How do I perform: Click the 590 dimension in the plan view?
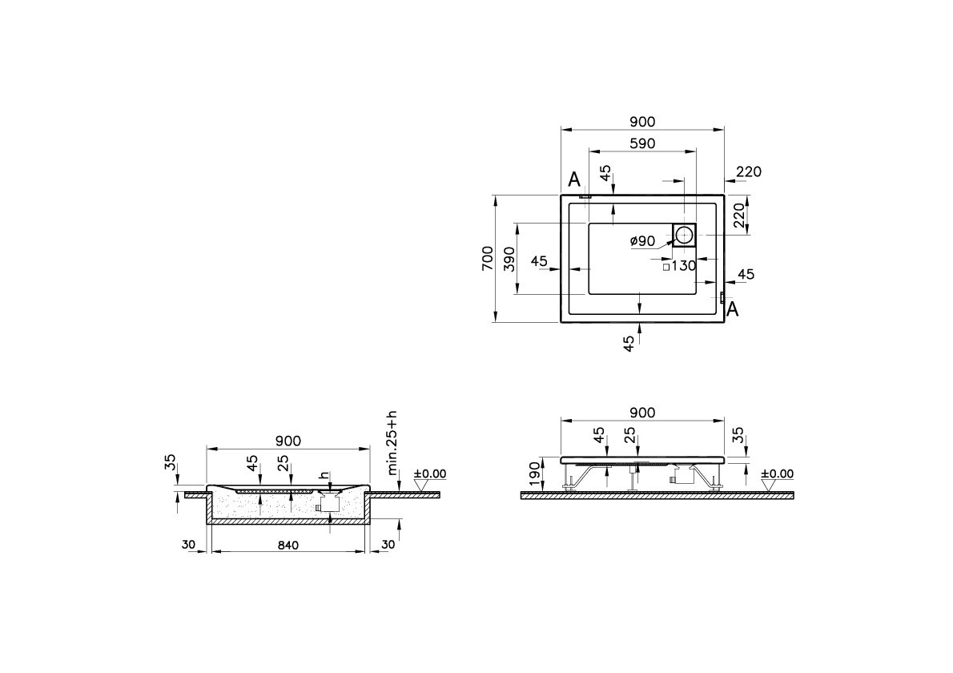coord(641,144)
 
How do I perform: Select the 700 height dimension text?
coord(487,259)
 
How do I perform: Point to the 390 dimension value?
coord(509,259)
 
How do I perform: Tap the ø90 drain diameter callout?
coord(642,241)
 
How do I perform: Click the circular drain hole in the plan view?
coord(684,235)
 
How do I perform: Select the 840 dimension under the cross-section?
coord(288,546)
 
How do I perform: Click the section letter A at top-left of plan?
coord(573,178)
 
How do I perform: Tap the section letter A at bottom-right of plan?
coord(732,309)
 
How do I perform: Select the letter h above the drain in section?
coord(324,475)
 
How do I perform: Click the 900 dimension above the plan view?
coord(641,122)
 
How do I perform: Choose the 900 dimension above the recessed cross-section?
coord(288,441)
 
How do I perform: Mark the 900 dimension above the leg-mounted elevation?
coord(641,413)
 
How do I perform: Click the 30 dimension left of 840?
coord(189,546)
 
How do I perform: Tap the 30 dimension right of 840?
coord(388,546)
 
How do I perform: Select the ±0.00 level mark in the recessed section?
coord(429,474)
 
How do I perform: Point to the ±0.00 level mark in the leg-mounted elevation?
coord(776,474)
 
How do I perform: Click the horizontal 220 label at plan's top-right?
coord(748,171)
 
